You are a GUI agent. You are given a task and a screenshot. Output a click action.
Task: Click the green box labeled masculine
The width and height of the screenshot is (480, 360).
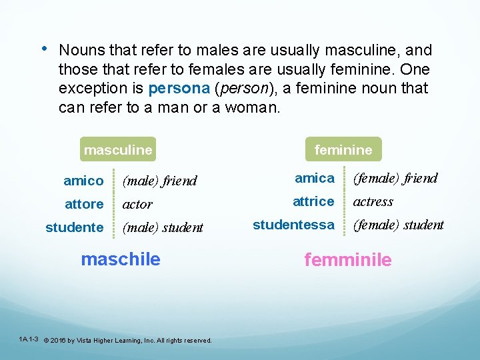(118, 150)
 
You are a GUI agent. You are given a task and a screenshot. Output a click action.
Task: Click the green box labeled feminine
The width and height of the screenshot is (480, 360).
(343, 150)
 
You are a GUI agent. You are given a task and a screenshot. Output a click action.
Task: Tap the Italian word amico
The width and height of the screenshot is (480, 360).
(83, 181)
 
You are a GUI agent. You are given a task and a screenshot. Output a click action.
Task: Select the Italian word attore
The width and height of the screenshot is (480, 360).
(83, 204)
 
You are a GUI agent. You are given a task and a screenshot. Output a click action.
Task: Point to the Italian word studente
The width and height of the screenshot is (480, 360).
(75, 227)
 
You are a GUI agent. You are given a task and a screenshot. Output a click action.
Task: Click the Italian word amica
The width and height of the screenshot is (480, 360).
(315, 178)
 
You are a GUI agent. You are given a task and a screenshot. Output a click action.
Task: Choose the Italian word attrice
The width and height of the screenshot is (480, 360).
(313, 201)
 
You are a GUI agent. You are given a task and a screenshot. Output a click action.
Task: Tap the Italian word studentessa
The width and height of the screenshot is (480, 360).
(293, 225)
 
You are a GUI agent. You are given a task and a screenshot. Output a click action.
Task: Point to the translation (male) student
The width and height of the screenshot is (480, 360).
(163, 227)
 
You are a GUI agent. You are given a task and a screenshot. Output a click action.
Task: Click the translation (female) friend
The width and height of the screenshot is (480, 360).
(395, 178)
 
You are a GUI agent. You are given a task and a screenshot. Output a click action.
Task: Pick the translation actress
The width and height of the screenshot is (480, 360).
(373, 201)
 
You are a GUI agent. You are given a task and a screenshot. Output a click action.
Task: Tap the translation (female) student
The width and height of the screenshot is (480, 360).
(398, 225)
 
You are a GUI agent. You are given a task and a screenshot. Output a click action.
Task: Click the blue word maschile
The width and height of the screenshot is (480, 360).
(121, 259)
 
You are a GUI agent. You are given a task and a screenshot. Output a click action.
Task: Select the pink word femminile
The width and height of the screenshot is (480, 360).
(348, 260)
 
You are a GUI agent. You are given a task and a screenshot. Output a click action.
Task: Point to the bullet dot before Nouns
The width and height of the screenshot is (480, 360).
(43, 49)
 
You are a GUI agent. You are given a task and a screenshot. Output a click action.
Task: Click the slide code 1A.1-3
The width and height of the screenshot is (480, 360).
(29, 339)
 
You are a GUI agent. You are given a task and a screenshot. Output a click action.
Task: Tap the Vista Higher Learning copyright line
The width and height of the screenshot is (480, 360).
(127, 340)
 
